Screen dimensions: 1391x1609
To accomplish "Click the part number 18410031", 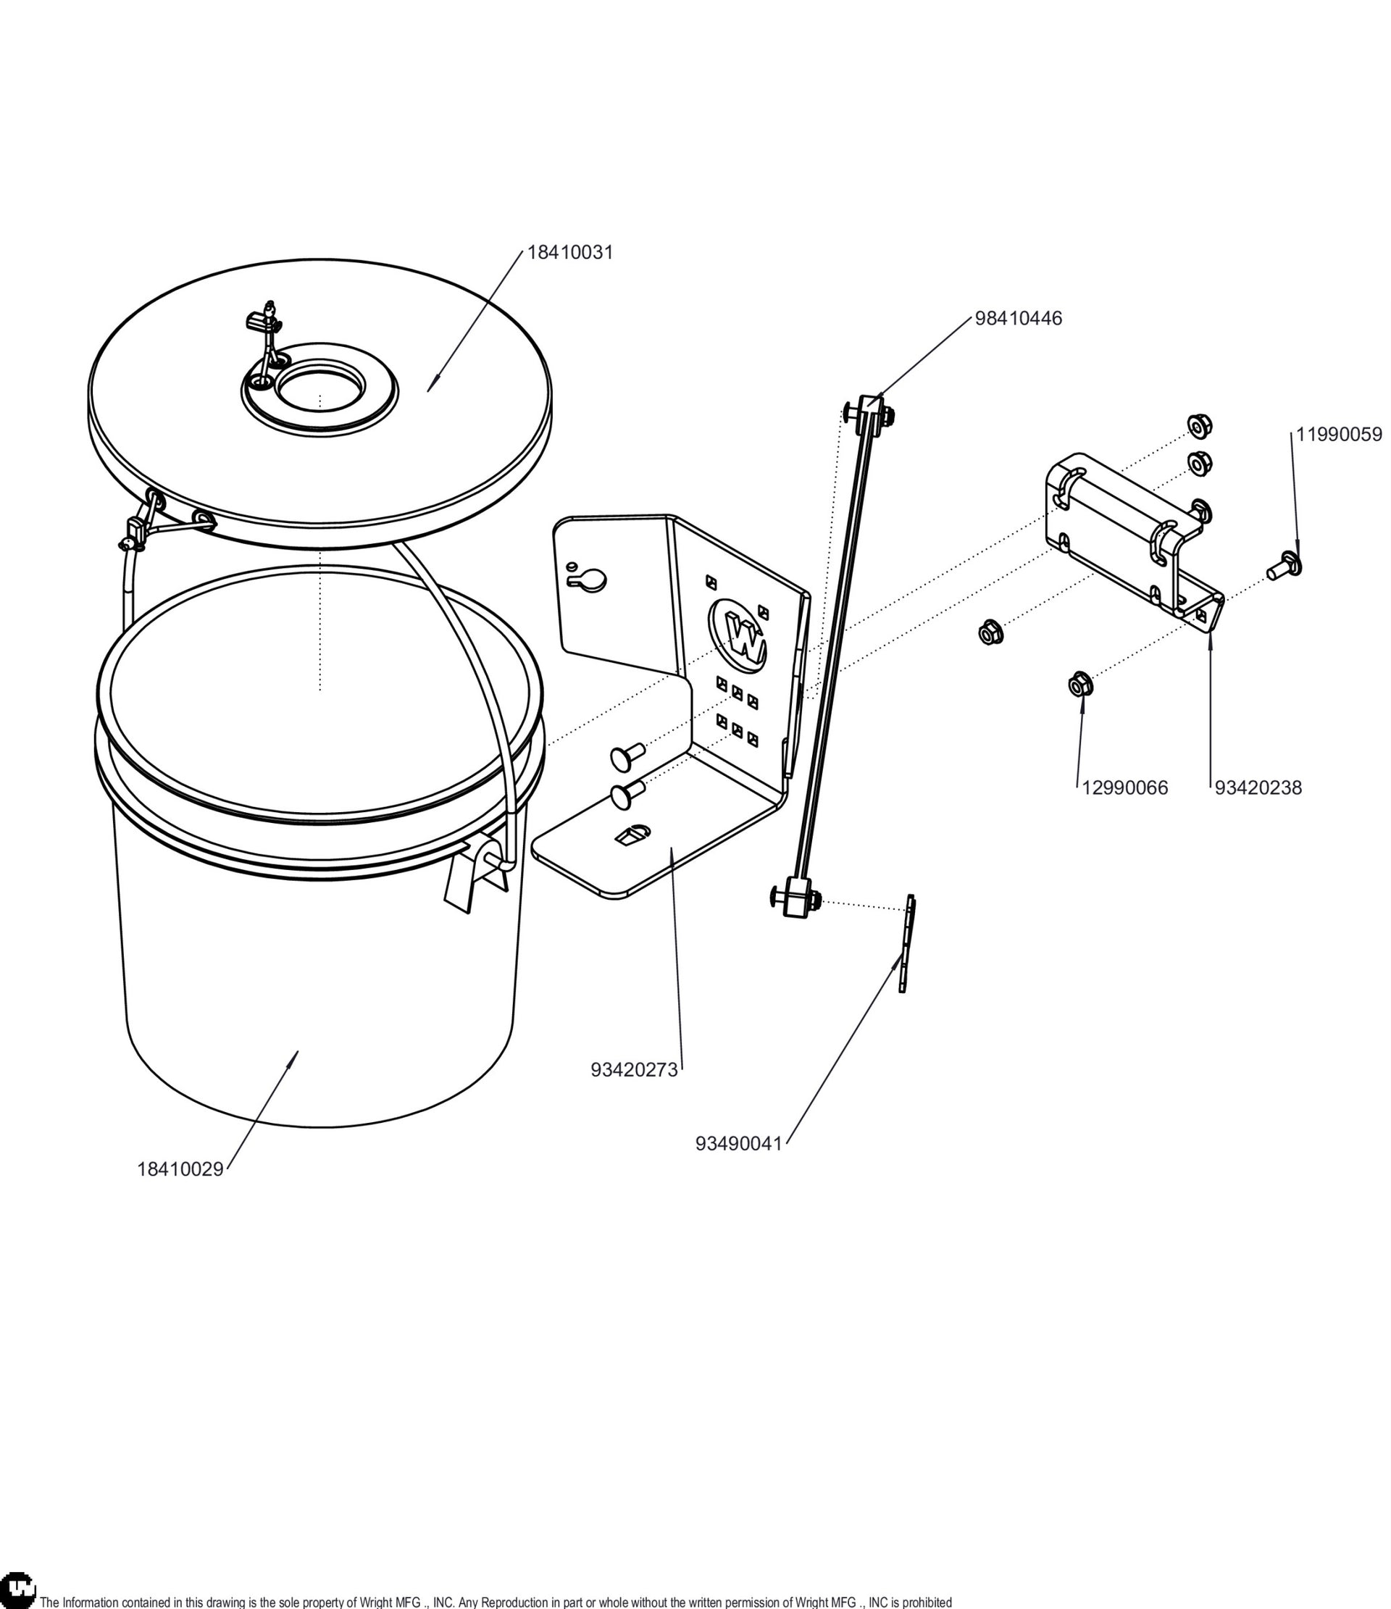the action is (570, 252).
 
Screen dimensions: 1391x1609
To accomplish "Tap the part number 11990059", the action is (1339, 435).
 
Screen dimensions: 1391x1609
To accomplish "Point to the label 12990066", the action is (1124, 788).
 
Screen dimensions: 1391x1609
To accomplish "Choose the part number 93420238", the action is (1258, 788).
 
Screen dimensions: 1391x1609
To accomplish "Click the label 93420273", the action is (634, 1070).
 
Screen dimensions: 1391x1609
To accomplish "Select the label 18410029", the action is (180, 1169).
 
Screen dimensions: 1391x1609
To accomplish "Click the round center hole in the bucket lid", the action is (320, 386).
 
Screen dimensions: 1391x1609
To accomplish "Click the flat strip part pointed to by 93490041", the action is (906, 943).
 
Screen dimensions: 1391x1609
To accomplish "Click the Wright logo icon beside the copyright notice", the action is (18, 1589).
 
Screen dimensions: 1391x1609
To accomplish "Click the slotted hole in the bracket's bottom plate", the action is (633, 834).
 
